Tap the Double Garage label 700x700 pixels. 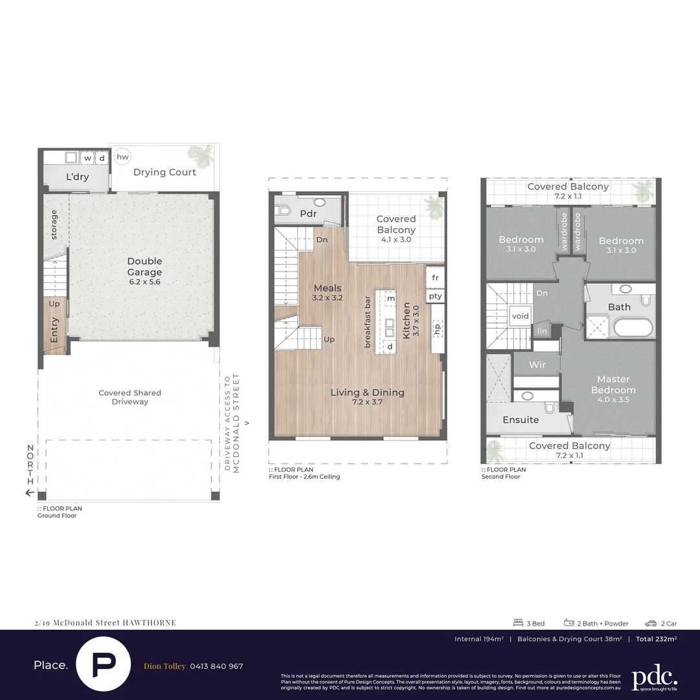pos(144,266)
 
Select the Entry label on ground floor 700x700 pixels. pos(54,330)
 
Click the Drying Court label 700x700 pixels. pos(165,172)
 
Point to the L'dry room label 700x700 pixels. pos(77,177)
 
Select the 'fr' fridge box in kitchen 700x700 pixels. pos(435,277)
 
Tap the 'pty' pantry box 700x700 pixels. pos(435,296)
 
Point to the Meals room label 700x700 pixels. pos(327,288)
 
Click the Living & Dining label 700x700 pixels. pos(367,392)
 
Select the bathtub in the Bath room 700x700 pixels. pos(634,327)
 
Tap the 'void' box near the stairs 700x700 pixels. pos(520,316)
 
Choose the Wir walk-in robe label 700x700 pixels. pos(537,365)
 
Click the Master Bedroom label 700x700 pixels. pos(613,384)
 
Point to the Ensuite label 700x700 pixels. pos(520,420)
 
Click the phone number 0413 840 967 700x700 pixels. pos(216,666)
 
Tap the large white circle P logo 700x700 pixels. pos(104,666)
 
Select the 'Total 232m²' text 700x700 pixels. pos(656,639)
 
